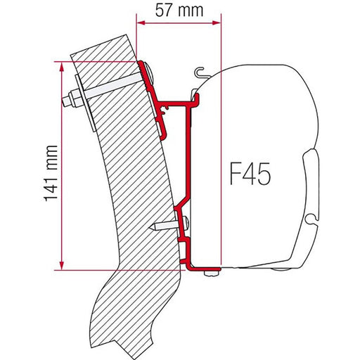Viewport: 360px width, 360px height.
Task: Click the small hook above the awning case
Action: [200, 70]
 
